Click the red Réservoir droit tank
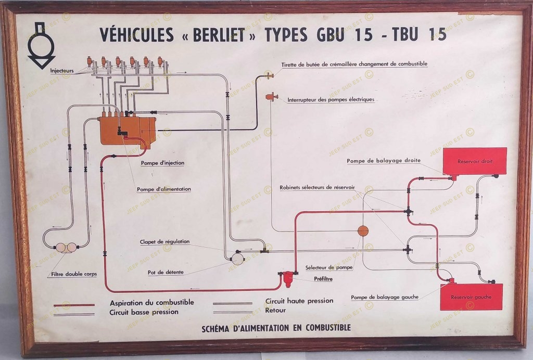click(x=474, y=161)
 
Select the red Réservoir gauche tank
click(x=471, y=297)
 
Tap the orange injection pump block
click(x=128, y=130)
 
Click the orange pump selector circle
click(x=363, y=231)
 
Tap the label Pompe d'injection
click(x=162, y=163)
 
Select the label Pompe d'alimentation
click(x=164, y=189)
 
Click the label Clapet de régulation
click(x=164, y=241)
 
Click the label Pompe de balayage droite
click(x=384, y=161)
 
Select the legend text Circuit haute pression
click(x=299, y=301)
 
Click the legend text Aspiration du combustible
click(x=151, y=302)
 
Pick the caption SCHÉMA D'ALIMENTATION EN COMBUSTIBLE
click(x=276, y=328)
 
